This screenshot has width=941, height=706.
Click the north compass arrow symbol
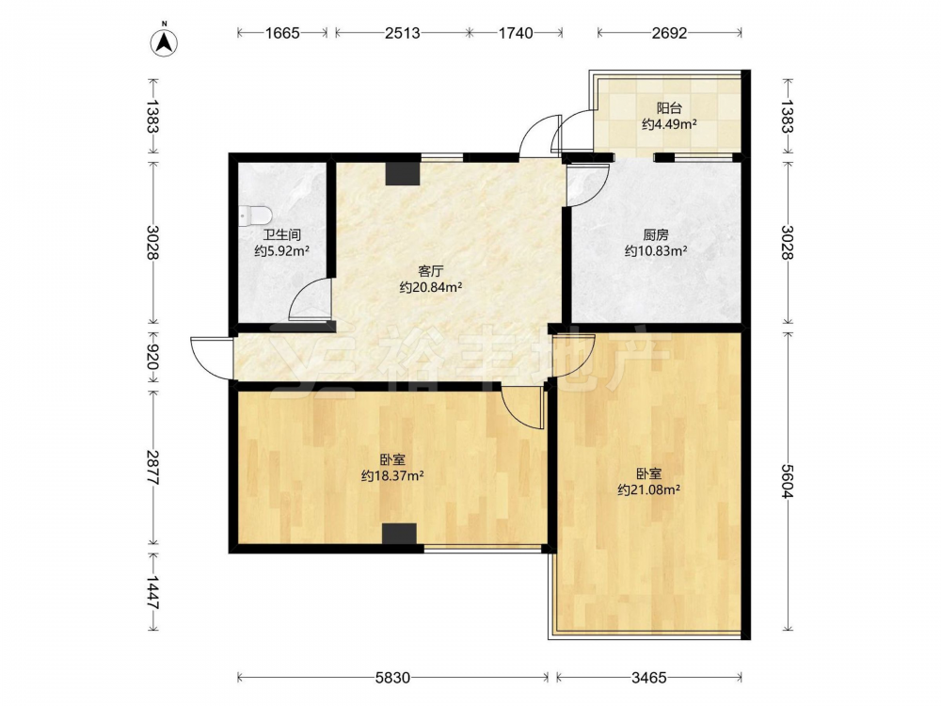tap(164, 40)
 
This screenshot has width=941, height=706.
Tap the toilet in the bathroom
tap(255, 216)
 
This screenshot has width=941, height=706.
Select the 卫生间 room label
tap(280, 234)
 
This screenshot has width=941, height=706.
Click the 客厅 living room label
tap(430, 271)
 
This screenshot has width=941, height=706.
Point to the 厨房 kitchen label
tap(655, 234)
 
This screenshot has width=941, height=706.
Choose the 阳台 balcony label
tap(668, 108)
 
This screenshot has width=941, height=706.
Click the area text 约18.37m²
tap(392, 476)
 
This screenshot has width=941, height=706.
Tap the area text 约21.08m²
tap(648, 489)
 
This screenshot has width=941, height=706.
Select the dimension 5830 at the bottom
tap(392, 678)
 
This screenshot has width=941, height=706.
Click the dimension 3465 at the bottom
tap(648, 678)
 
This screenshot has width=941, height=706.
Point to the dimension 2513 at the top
tap(402, 33)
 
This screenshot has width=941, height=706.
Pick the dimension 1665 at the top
tap(282, 33)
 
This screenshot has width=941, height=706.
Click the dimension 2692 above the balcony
tap(669, 33)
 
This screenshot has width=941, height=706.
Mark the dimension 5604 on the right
tap(788, 480)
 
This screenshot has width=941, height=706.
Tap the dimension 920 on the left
tap(152, 359)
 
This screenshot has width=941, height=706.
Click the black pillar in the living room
tap(402, 173)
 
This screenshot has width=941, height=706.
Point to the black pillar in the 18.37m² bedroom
tap(399, 534)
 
